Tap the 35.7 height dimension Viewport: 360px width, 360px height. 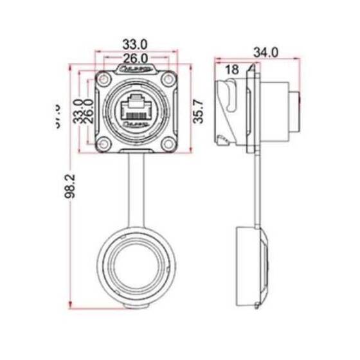click(x=200, y=110)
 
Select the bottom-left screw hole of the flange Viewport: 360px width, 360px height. click(x=104, y=142)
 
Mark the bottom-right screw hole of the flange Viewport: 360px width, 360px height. click(x=167, y=142)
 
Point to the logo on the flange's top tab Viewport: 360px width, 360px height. click(x=135, y=67)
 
